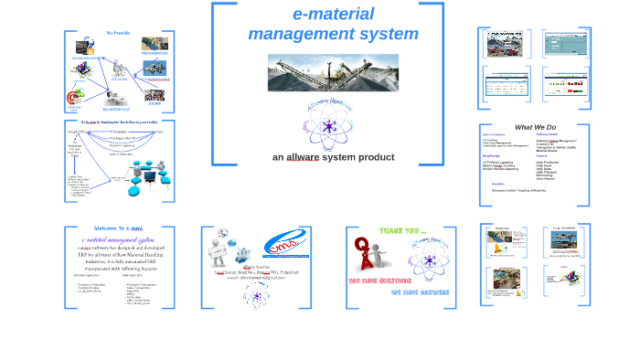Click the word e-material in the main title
point(333,14)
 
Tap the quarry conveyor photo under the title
point(333,72)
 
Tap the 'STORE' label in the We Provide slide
point(155,102)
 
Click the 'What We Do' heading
point(535,127)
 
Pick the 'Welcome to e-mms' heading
point(118,229)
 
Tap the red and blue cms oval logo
point(286,245)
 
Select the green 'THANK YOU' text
point(402,231)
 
